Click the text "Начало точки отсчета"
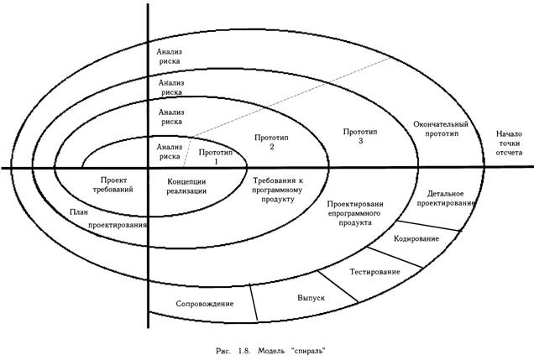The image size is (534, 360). point(510,143)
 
